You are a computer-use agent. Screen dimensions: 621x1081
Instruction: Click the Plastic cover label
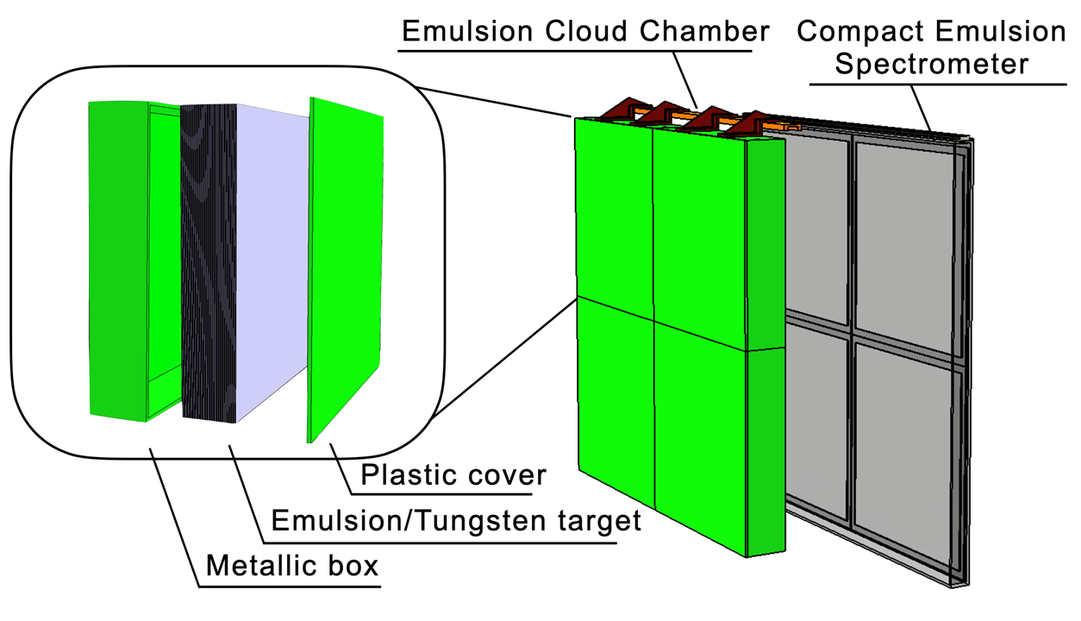[x=453, y=474]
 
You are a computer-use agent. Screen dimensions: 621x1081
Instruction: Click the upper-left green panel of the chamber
[x=613, y=207]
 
